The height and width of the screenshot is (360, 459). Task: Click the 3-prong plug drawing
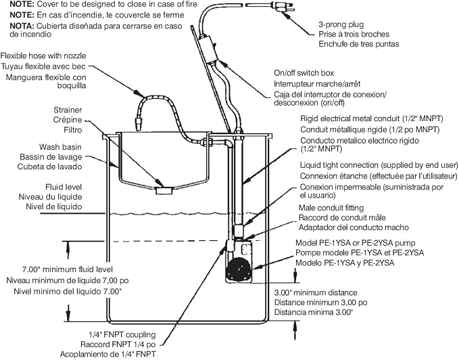[x=282, y=7]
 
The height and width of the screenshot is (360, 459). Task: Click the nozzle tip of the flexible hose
[x=138, y=124]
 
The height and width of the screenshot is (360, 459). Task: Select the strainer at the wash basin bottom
[x=164, y=191]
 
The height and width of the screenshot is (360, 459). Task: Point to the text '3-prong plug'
[x=341, y=24]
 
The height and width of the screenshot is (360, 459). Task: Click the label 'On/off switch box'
[x=304, y=73]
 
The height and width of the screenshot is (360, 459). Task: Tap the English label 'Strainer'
[x=68, y=110]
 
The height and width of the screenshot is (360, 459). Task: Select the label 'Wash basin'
[x=60, y=147]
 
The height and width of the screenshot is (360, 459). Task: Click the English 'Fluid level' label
[x=64, y=187]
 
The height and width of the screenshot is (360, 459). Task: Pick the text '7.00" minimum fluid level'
[x=68, y=269]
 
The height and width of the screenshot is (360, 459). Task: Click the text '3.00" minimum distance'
[x=316, y=292]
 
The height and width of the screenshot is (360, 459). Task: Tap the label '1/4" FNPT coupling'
[x=122, y=334]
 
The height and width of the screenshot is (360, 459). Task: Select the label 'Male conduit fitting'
[x=331, y=208]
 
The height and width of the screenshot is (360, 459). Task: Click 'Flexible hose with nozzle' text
[x=43, y=55]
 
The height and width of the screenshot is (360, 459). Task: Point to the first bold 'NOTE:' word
[x=22, y=4]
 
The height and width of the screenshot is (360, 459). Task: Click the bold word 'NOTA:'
[x=22, y=26]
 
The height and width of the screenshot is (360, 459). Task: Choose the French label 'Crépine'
[x=68, y=120]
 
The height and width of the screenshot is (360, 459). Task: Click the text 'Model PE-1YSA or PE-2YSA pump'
[x=356, y=243]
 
